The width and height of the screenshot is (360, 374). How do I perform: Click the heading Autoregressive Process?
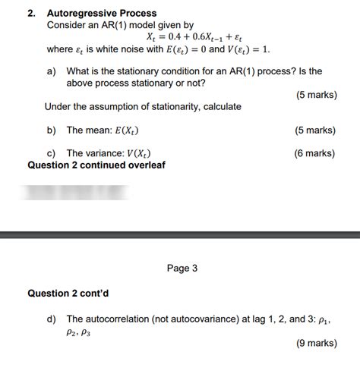click(102, 13)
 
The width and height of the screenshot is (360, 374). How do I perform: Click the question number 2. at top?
click(31, 13)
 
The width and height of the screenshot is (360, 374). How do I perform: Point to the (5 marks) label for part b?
click(315, 130)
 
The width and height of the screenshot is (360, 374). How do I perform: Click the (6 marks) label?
click(315, 153)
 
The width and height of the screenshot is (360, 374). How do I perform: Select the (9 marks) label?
click(315, 343)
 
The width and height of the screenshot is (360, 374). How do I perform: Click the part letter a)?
click(52, 71)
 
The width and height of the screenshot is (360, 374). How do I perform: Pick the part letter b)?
click(52, 130)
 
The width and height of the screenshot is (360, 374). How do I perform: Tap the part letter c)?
click(52, 153)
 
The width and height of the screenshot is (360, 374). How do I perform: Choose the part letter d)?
click(52, 319)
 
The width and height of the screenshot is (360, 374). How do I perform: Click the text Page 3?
click(182, 268)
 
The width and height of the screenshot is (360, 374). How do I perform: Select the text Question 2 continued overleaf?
click(96, 165)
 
